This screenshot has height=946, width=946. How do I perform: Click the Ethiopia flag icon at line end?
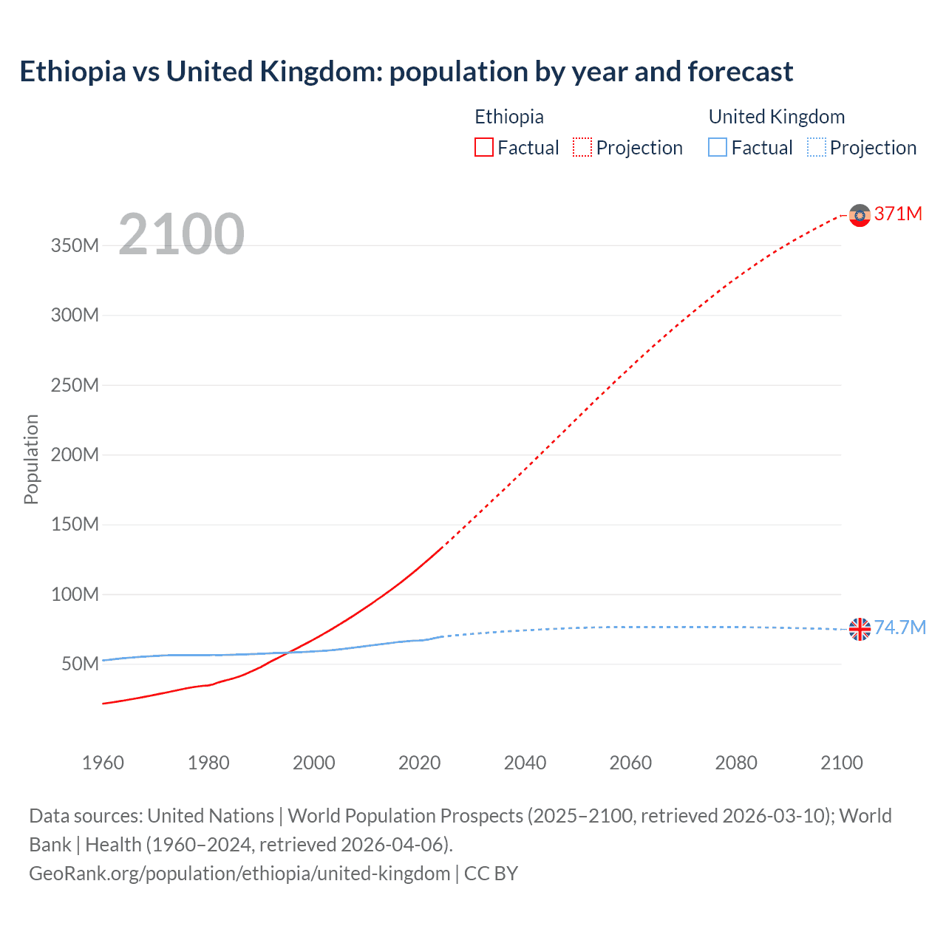[x=860, y=215]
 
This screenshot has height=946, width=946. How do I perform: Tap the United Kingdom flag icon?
[x=860, y=629]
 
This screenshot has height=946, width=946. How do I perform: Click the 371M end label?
[x=898, y=214]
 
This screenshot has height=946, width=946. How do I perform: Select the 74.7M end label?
[x=899, y=628]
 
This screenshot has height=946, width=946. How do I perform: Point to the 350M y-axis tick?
[x=75, y=246]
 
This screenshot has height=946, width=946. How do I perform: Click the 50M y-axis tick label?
[x=79, y=664]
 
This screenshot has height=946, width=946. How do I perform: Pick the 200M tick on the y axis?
[x=75, y=455]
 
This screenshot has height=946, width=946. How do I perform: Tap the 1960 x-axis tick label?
[x=103, y=763]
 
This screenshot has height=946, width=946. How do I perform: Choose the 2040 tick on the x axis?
[x=525, y=763]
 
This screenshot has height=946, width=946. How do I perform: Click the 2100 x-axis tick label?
[x=841, y=763]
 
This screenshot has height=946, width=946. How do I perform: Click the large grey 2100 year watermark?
[x=181, y=234]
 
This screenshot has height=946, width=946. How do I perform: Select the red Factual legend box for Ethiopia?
[x=484, y=148]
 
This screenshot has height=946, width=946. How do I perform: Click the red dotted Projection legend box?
[x=582, y=148]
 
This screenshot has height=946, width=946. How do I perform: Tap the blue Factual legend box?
[x=718, y=148]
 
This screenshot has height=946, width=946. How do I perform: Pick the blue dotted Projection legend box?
[x=816, y=148]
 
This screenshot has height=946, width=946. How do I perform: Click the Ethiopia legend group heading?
[x=509, y=117]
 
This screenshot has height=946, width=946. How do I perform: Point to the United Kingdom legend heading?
[x=776, y=117]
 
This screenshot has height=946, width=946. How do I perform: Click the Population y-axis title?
[x=31, y=459]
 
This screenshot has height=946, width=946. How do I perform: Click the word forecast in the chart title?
[x=740, y=72]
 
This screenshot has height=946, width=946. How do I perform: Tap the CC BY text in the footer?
[x=491, y=874]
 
